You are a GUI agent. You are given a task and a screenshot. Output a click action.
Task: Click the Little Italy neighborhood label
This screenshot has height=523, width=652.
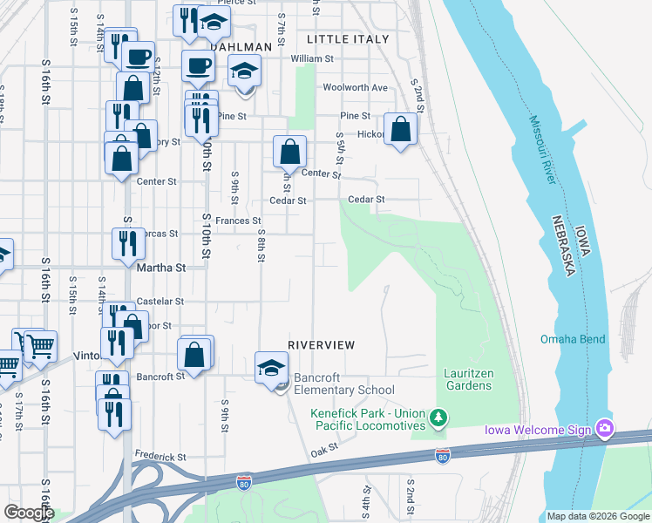pos(348,39)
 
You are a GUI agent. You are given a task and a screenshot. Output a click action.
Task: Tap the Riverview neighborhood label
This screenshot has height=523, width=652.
pos(322,345)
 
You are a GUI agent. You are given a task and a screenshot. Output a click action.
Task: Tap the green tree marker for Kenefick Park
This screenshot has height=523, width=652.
pos(439,421)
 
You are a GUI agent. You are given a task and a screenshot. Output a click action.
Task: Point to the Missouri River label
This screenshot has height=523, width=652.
pos(540,175)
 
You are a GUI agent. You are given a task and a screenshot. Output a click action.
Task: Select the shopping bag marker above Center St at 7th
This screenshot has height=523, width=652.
pos(290,151)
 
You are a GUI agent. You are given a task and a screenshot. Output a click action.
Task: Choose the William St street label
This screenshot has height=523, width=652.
pos(313,59)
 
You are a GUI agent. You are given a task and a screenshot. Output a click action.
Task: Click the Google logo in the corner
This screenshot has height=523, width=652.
pos(30,513)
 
